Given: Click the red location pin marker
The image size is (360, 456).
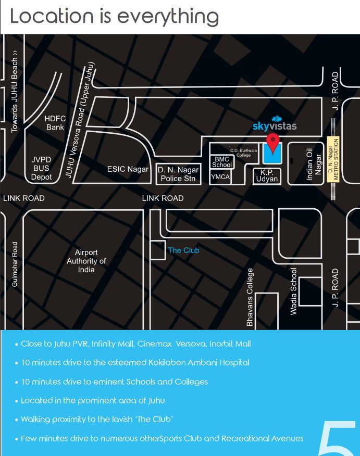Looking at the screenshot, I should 272,141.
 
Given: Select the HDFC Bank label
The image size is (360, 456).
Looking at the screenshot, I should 55,123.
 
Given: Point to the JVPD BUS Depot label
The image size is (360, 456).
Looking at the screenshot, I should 41,169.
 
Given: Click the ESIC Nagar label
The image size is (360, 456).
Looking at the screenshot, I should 128,169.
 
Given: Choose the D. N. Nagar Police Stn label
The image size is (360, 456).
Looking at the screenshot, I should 178,174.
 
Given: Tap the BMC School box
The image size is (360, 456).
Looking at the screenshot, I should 222,161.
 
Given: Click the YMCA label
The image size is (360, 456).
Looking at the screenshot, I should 220,178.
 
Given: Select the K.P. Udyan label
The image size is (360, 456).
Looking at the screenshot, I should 267,175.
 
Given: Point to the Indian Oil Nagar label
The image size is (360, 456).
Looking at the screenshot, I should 314,163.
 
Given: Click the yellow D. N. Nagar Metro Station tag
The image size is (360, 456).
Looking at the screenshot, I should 333,159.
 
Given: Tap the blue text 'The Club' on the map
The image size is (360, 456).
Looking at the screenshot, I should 183,250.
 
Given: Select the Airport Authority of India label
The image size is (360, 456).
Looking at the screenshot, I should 86,261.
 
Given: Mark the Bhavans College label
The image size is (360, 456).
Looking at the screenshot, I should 250,297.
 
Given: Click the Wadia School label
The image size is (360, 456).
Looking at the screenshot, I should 293,292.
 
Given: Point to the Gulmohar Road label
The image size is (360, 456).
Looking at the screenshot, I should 15,264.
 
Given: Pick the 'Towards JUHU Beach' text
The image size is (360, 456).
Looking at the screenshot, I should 15,92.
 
